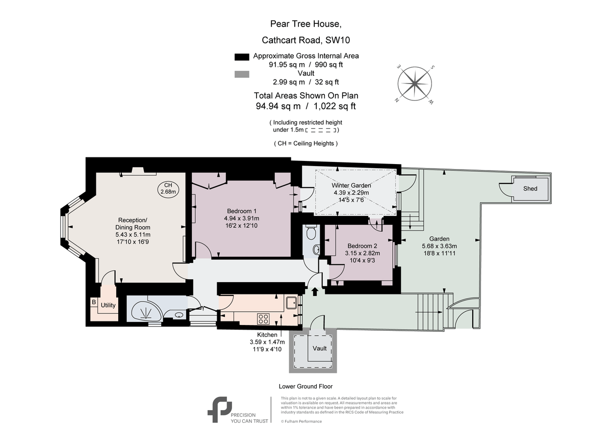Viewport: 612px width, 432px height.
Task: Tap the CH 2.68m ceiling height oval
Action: point(168,188)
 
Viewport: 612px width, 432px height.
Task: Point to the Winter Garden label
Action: point(351,185)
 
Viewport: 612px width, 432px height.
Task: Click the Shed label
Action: point(530,188)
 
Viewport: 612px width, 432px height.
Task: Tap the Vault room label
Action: point(320,348)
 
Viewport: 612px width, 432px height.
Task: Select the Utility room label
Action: point(108,306)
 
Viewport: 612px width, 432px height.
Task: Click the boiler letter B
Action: point(94,302)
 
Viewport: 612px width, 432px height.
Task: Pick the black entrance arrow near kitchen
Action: point(314,291)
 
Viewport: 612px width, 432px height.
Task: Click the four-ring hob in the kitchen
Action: point(264,319)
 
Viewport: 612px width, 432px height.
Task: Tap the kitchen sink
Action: point(291,303)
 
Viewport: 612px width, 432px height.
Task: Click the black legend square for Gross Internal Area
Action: point(241,57)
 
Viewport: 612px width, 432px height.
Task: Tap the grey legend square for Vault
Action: point(241,74)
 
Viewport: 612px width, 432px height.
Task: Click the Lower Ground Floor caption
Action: point(305,387)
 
